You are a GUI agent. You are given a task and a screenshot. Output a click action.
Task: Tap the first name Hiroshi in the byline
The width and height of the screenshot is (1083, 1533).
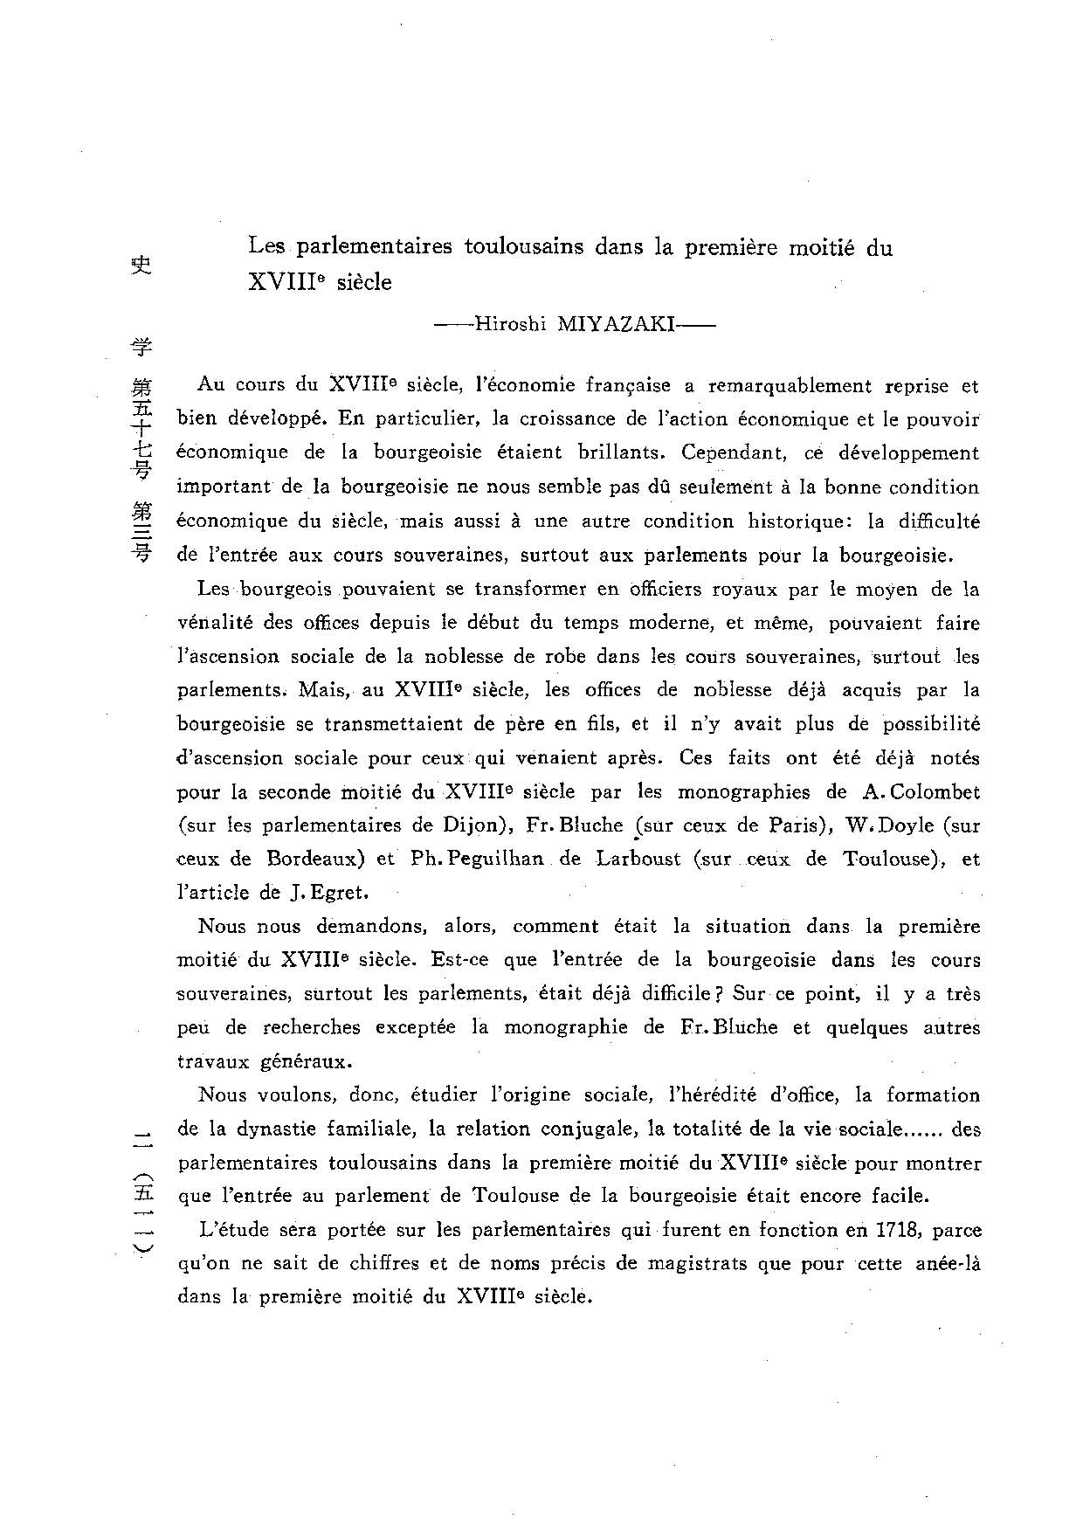coord(509,325)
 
